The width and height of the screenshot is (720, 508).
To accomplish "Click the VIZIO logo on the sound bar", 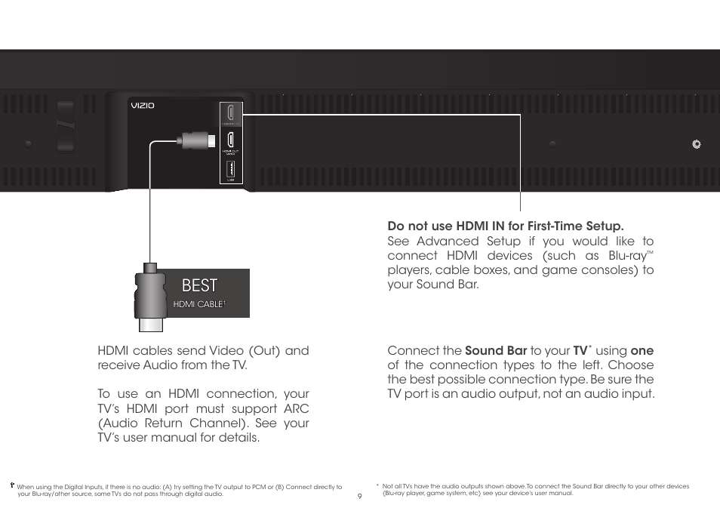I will (143, 106).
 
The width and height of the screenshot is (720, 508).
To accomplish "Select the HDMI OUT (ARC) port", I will (232, 140).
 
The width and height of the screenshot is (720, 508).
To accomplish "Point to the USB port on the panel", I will (232, 169).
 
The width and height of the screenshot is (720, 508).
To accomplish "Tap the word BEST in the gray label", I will (199, 285).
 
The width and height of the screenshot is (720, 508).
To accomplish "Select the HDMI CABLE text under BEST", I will (199, 303).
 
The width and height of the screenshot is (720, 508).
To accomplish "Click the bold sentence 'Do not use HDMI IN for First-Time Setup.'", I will (506, 226).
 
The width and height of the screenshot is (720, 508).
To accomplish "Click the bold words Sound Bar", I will (496, 350).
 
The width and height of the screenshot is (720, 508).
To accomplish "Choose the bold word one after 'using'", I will (642, 350).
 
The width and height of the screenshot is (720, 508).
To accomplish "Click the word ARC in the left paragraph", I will (295, 408).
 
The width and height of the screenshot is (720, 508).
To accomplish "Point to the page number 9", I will (360, 496).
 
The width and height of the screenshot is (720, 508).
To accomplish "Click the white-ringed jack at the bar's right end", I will (696, 143).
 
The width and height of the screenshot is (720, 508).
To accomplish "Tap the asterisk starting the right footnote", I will (377, 485).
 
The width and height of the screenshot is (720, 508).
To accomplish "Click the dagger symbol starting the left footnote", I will (12, 487).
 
